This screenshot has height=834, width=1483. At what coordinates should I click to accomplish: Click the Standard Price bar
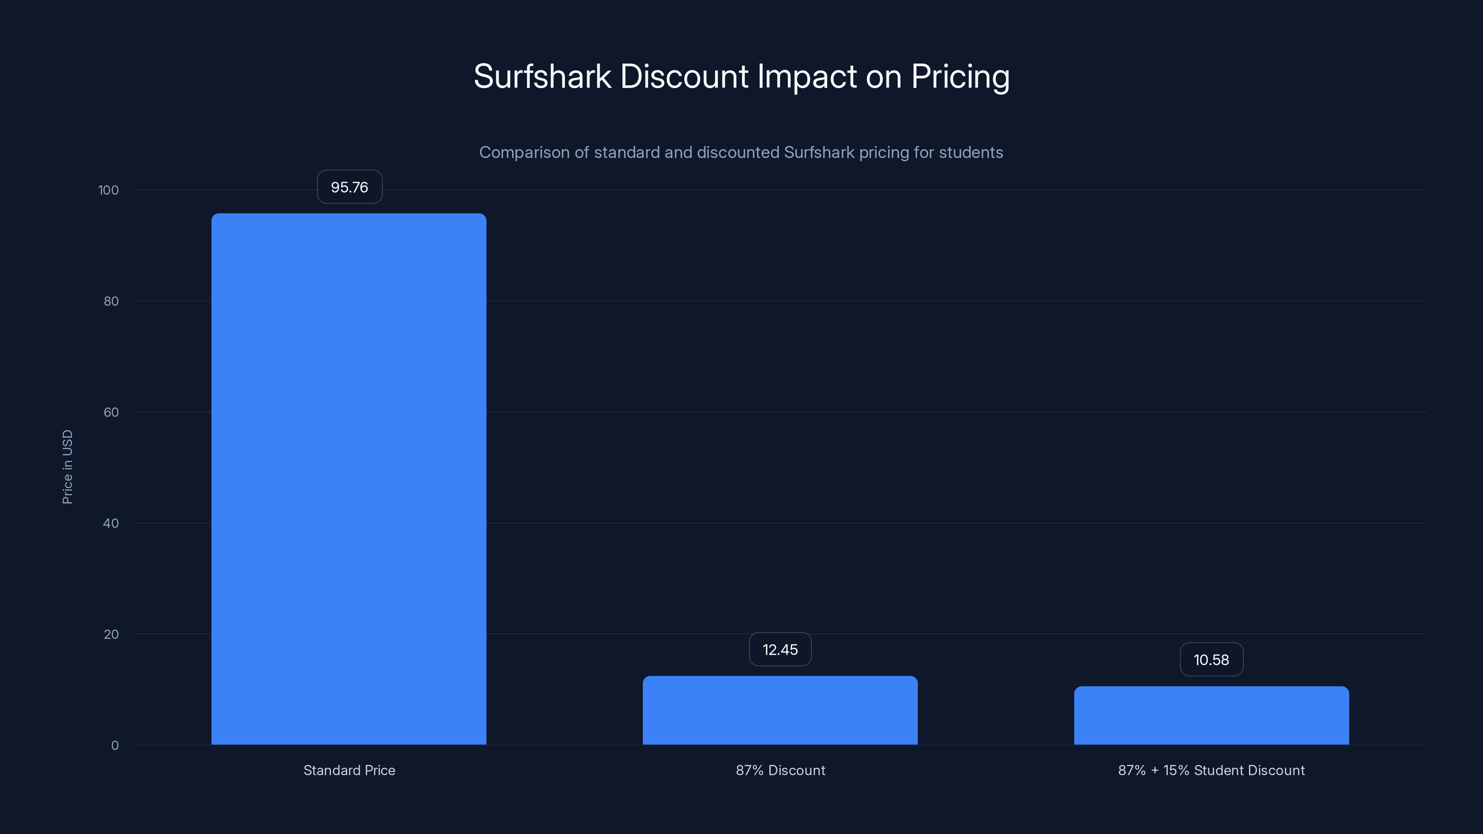349,479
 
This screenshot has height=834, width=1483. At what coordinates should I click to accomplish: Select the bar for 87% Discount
780,710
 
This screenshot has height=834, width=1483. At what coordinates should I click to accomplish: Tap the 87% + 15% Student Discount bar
1211,715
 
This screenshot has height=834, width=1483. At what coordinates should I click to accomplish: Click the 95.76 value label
349,187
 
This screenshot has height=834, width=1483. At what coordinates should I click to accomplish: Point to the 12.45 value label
780,650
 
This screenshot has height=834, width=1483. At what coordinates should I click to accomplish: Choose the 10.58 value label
1211,660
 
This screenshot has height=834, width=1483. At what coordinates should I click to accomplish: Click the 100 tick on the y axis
108,190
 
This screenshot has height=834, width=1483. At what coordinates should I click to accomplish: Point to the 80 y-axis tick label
111,301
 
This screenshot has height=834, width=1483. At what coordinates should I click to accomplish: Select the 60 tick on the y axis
111,412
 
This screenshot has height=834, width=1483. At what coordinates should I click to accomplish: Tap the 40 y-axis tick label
111,523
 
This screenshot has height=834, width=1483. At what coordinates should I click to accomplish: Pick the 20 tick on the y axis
111,634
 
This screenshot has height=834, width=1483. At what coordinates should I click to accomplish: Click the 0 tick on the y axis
114,746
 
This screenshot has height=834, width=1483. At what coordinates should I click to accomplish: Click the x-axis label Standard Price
349,770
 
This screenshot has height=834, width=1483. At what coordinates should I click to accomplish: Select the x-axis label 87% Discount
780,770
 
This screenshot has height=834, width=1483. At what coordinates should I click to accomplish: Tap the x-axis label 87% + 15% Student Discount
1211,770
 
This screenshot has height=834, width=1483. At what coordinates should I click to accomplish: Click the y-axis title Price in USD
67,467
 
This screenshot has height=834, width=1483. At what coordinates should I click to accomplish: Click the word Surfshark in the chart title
542,76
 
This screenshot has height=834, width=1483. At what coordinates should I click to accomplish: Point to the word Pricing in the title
960,76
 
